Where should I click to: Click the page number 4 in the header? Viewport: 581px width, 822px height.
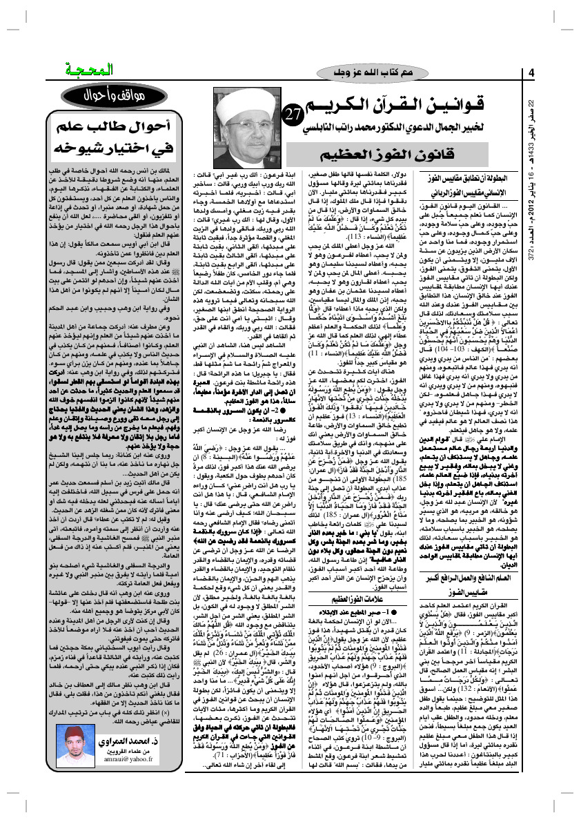click(533, 74)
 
